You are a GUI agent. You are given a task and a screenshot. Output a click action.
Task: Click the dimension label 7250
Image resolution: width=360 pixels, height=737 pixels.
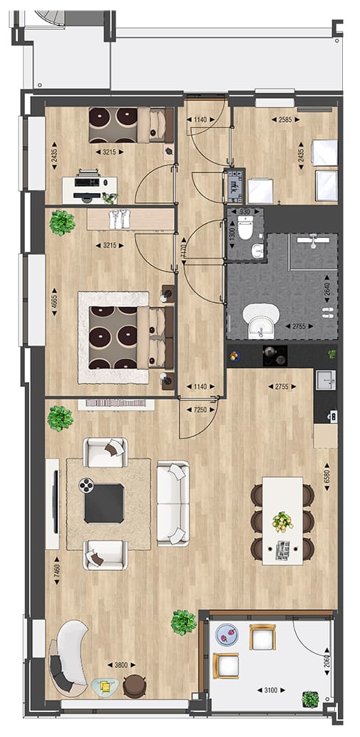[200, 411]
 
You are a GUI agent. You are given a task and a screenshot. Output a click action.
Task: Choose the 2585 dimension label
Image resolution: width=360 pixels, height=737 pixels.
[284, 120]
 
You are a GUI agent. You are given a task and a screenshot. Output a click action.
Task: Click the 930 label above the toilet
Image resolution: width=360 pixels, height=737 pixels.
[245, 212]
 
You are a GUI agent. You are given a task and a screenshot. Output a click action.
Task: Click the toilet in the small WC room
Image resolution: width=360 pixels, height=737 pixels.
[245, 230]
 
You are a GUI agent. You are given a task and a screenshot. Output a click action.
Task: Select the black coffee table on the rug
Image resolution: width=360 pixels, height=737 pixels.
[104, 503]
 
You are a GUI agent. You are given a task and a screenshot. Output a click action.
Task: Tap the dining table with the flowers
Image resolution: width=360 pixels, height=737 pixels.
[282, 520]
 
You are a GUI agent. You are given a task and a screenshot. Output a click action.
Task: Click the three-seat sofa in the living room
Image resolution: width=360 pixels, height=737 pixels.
[173, 503]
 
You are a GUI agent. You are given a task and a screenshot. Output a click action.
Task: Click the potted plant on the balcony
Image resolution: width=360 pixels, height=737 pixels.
[310, 699]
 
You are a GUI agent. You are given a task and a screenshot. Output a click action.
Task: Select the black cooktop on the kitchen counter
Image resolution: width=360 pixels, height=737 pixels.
[274, 352]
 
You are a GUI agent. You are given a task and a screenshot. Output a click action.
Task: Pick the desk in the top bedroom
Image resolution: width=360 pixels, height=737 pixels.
[88, 189]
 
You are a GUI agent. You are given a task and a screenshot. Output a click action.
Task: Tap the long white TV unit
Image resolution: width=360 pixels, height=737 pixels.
[53, 503]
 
